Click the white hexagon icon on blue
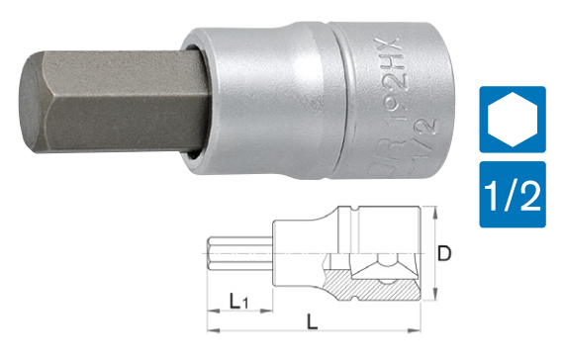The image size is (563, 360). (x=513, y=120)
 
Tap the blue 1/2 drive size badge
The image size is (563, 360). (x=513, y=193)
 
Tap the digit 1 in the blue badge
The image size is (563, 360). (x=495, y=193)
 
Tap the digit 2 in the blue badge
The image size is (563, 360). (x=531, y=193)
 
